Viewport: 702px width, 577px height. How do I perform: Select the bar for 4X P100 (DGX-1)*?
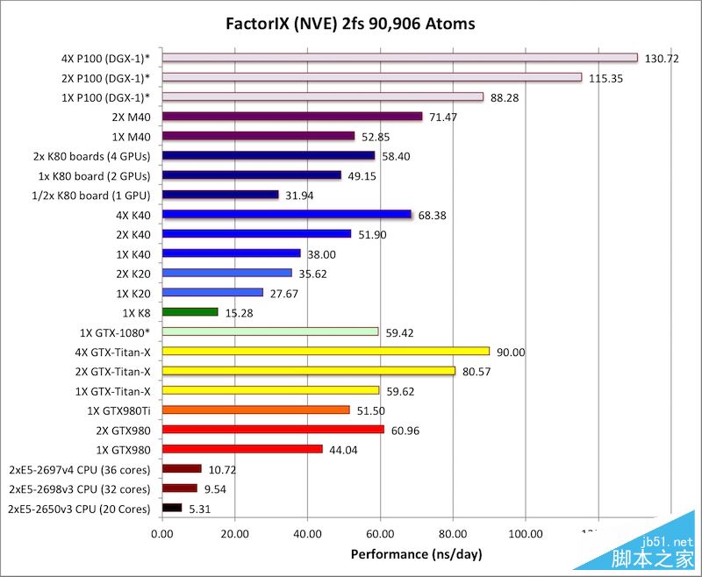click(399, 58)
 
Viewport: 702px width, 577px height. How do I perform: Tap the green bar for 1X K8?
click(190, 311)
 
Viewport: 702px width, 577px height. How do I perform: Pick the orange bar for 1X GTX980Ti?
click(256, 410)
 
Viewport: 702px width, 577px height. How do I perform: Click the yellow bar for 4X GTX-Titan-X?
click(326, 351)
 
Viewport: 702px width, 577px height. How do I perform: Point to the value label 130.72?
click(662, 59)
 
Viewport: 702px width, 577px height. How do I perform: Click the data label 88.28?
click(505, 97)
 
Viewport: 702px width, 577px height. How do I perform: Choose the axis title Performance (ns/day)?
click(416, 554)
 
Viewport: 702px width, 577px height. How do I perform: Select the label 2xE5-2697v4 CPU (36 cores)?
click(79, 469)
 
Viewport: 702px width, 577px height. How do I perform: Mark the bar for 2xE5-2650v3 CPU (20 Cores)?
click(172, 508)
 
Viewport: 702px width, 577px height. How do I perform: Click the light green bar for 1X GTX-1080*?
click(270, 331)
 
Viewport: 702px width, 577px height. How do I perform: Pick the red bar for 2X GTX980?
click(273, 430)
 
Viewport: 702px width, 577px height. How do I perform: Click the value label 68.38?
click(432, 215)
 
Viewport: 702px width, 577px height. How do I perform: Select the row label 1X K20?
click(132, 292)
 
